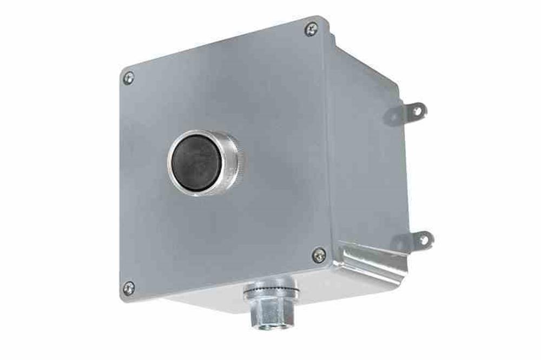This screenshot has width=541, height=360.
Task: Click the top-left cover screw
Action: click(128, 78)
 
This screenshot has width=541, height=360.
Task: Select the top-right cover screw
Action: click(311, 29)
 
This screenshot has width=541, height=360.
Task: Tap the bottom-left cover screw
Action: click(129, 288)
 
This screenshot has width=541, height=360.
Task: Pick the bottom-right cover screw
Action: click(319, 255)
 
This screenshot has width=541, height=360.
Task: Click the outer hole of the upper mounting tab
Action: click(417, 111)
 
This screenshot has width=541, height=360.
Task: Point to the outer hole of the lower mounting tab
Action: click(423, 239)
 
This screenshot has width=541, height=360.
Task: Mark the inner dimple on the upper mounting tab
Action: click(393, 115)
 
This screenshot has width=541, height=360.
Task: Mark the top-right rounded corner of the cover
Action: click(324, 22)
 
